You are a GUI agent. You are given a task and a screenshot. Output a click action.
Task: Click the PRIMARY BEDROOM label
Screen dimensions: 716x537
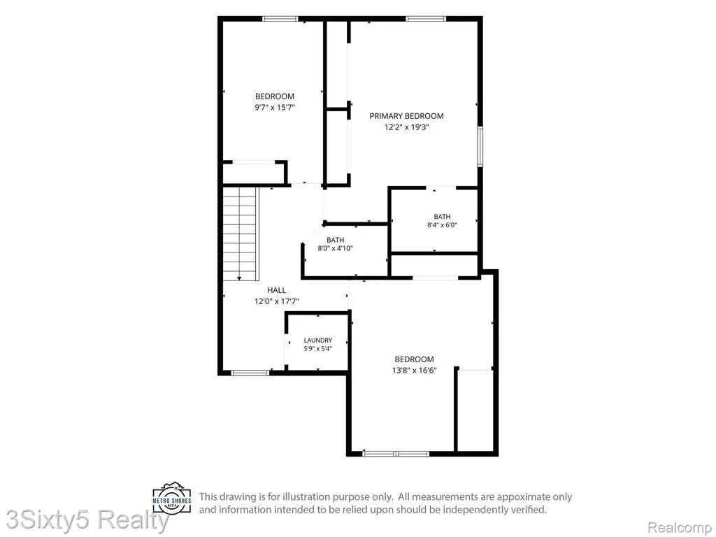point(406,116)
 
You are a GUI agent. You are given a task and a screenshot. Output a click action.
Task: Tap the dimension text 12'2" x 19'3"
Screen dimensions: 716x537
point(406,127)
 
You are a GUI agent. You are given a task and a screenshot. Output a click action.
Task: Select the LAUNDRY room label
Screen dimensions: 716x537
point(318,341)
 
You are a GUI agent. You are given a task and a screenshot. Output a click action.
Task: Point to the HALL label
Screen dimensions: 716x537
point(277,290)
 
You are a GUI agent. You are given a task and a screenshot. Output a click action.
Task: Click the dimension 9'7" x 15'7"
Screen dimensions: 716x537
point(275,107)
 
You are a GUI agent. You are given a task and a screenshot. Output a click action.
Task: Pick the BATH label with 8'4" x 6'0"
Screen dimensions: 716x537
point(442,217)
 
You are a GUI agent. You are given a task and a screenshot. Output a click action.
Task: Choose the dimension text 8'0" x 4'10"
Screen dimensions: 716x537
point(336,248)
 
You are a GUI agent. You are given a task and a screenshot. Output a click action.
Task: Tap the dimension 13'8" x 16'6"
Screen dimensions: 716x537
point(414,371)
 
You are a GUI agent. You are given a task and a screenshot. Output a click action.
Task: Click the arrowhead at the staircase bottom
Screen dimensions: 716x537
point(239,278)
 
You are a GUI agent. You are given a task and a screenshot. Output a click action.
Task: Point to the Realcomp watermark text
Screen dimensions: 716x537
point(680,527)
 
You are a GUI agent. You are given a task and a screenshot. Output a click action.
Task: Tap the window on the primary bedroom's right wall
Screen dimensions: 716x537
point(480,146)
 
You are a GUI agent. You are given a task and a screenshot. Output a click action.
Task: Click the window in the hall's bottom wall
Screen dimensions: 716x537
point(250,373)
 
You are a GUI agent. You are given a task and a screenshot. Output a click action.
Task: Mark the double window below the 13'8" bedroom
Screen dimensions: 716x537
point(396,453)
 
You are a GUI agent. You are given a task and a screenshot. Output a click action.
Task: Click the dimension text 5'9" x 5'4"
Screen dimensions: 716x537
point(318,349)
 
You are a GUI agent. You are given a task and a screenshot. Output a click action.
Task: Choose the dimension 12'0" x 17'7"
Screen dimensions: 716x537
point(277,301)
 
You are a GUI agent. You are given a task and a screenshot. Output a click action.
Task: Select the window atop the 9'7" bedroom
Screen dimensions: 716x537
point(280,19)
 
